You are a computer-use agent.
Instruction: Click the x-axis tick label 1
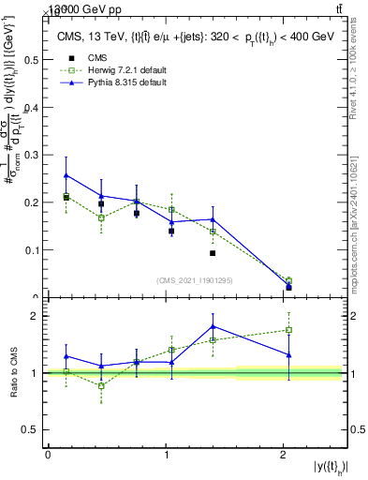pyautogui.click(x=165, y=455)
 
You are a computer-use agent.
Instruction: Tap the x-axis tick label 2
pyautogui.click(x=283, y=455)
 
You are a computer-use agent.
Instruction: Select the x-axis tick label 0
pyautogui.click(x=48, y=455)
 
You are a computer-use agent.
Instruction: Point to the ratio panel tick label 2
pyautogui.click(x=38, y=316)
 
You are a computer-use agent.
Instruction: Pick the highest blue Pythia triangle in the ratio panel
pyautogui.click(x=213, y=326)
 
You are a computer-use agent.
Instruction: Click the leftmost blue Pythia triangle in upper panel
pyautogui.click(x=66, y=175)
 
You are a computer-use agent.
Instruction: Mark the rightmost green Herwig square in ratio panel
pyautogui.click(x=288, y=330)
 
